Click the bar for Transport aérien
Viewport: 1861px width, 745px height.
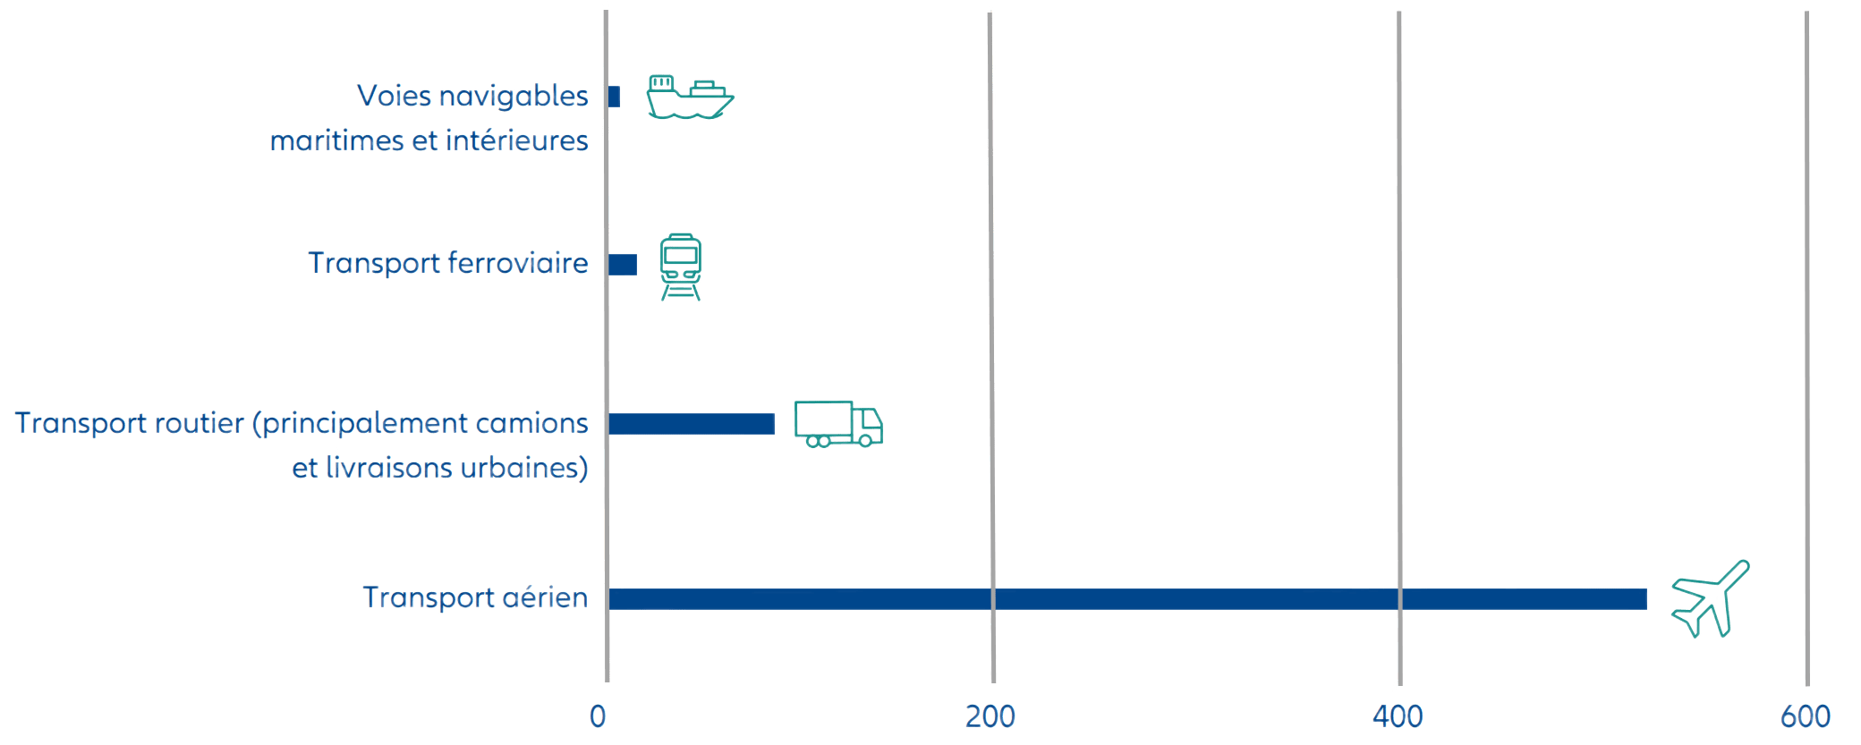[x=1127, y=599]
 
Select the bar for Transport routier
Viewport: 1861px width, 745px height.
[x=692, y=423]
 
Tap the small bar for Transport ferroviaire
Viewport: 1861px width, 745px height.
[x=623, y=265]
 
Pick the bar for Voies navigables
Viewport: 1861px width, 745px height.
[x=615, y=97]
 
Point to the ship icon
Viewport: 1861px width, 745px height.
[x=690, y=97]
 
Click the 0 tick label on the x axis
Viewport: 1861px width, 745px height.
[x=598, y=715]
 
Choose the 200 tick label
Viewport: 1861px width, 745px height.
[x=990, y=715]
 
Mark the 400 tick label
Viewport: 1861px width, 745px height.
[x=1398, y=715]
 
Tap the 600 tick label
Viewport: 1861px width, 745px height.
[x=1806, y=715]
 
